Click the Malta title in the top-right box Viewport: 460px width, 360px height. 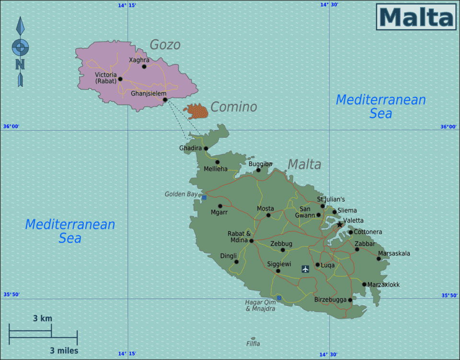pos(416,17)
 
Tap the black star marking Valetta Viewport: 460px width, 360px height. pos(340,224)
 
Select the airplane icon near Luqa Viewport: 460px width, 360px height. pos(305,269)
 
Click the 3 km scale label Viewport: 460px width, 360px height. pos(42,318)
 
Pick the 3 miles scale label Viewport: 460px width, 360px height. pos(64,350)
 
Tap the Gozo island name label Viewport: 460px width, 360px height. pos(165,45)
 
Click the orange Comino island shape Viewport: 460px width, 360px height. pos(196,112)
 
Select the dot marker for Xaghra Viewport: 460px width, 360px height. pos(144,67)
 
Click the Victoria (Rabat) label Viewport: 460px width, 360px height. pos(105,78)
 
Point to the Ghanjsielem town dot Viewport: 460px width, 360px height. pos(165,100)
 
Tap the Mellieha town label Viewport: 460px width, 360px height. pos(216,169)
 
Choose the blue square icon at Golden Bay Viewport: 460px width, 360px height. pos(204,197)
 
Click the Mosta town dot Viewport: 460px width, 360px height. pos(268,215)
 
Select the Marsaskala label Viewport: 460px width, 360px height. pos(394,253)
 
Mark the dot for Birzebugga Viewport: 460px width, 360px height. pos(350,300)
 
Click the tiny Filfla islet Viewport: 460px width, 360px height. pos(253,338)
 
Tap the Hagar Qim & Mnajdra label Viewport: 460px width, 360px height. pos(260,305)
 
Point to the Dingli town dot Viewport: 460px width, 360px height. pos(236,262)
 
